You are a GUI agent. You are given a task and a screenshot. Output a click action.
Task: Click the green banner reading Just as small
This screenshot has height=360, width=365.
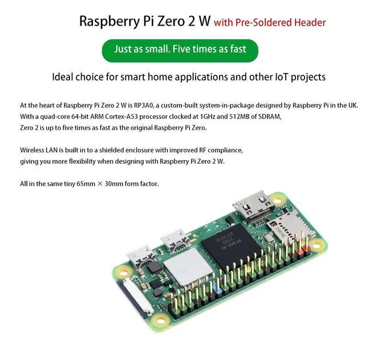[180, 49]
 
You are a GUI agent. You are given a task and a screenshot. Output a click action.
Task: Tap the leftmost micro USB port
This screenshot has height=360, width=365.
[139, 256]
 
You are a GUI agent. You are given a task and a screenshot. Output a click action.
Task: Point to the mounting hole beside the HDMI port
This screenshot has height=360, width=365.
[278, 199]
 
